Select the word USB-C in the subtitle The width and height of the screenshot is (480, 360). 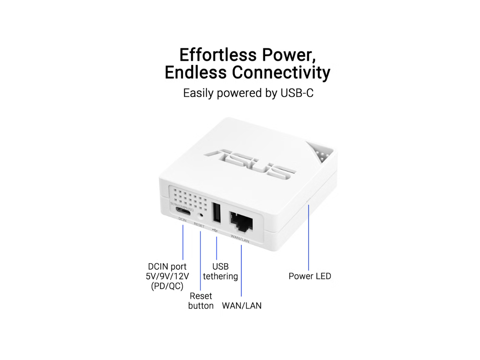tap(297, 93)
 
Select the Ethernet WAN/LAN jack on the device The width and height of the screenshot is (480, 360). tap(240, 222)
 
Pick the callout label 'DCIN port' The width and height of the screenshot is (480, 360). tap(167, 267)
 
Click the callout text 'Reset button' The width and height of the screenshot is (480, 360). tap(201, 301)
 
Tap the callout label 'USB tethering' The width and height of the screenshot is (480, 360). tap(220, 271)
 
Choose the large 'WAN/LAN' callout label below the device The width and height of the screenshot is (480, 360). tap(241, 306)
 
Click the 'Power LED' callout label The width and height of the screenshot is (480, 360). tap(310, 276)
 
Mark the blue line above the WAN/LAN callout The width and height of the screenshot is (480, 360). tap(241, 270)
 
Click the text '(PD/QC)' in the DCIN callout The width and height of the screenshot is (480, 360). tap(167, 286)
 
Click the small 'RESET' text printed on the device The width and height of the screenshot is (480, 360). tap(199, 225)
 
